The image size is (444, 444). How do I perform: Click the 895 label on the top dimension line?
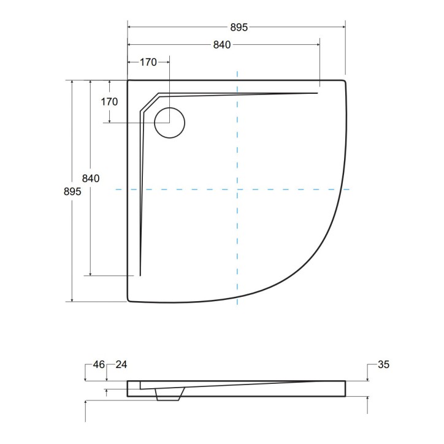tap(239, 27)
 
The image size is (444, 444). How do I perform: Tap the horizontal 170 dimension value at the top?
tap(148, 61)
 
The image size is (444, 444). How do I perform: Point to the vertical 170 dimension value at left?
tap(109, 102)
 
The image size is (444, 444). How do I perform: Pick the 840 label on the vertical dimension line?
tap(91, 178)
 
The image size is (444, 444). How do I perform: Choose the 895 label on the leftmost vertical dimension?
tap(72, 191)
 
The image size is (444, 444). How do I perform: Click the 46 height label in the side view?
tap(99, 365)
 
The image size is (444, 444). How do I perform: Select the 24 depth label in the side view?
tap(121, 365)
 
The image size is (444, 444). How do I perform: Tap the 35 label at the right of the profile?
tap(383, 365)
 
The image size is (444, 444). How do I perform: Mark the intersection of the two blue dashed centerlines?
tap(237, 190)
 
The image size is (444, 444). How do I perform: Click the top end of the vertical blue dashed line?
tap(237, 72)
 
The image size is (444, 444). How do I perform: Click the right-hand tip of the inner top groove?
tap(318, 93)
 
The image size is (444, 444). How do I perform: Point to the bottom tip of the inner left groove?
tap(140, 275)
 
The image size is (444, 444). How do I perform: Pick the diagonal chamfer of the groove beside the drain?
tap(149, 102)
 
